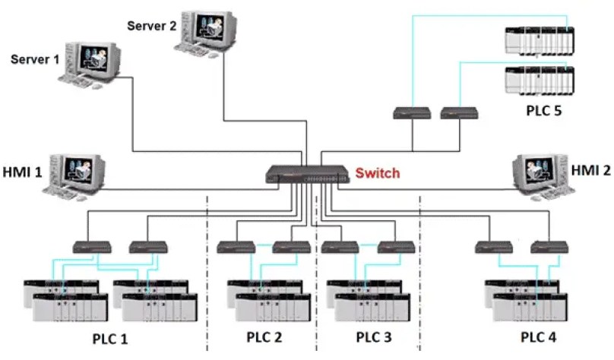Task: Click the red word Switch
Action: click(378, 174)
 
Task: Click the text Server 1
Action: click(35, 58)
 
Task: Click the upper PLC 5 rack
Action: click(539, 43)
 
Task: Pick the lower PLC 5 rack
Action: click(539, 81)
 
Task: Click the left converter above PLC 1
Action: click(92, 247)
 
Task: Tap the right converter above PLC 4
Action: click(550, 247)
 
